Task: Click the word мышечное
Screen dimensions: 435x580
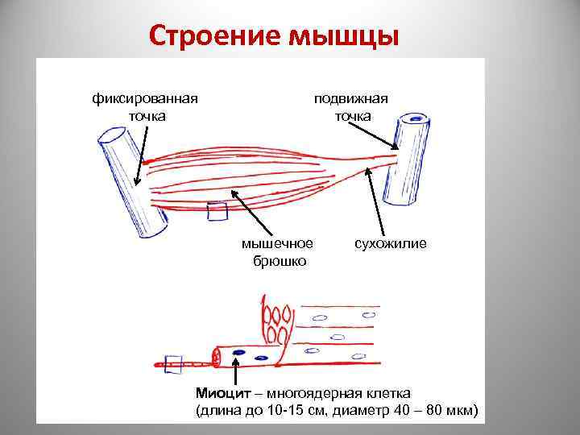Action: pos(277,242)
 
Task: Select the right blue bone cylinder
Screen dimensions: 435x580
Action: pos(407,159)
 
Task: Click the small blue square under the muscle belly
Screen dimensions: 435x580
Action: pos(217,212)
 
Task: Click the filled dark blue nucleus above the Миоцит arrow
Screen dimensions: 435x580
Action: pos(238,353)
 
